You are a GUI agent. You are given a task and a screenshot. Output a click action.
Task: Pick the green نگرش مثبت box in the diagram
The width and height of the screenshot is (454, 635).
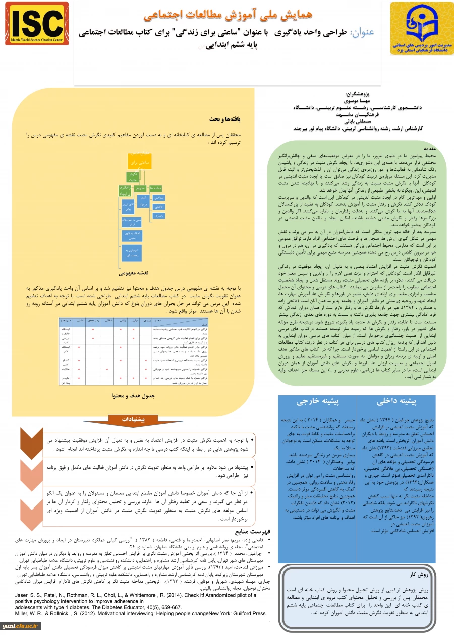coord(133,177)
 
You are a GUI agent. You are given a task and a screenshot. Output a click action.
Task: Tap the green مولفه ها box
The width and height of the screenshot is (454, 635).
coord(155,188)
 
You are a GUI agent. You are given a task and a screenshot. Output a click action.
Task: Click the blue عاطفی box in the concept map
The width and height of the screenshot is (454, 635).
coord(158,207)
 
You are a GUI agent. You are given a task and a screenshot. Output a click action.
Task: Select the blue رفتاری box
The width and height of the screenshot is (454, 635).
coord(158,216)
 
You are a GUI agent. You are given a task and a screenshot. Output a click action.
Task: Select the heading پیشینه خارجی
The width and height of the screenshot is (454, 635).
coord(317,402)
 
